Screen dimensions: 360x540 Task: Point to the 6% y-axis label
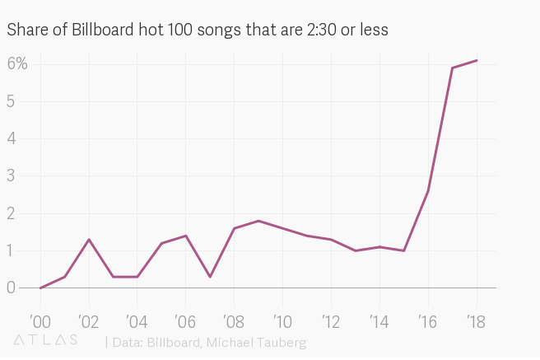click(x=17, y=63)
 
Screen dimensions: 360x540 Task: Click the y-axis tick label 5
click(x=12, y=101)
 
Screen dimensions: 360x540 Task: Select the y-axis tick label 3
click(x=12, y=175)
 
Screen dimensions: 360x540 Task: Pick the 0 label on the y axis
click(x=12, y=288)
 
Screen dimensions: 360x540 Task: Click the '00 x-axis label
click(x=40, y=320)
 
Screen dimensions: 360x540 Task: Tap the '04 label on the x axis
click(x=137, y=320)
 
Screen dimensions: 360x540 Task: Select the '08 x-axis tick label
click(x=234, y=320)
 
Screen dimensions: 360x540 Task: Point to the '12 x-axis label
click(x=331, y=320)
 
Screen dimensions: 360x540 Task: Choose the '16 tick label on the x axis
click(x=428, y=320)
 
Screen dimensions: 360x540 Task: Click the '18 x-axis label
click(x=476, y=320)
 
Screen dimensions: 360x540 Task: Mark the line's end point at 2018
click(x=477, y=60)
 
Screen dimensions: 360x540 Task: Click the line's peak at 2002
click(x=89, y=240)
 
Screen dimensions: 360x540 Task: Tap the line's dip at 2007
click(x=210, y=277)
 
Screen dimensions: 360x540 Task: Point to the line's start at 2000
click(x=40, y=288)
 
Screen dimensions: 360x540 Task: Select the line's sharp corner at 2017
click(x=452, y=68)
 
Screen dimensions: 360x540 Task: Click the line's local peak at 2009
click(x=258, y=221)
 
